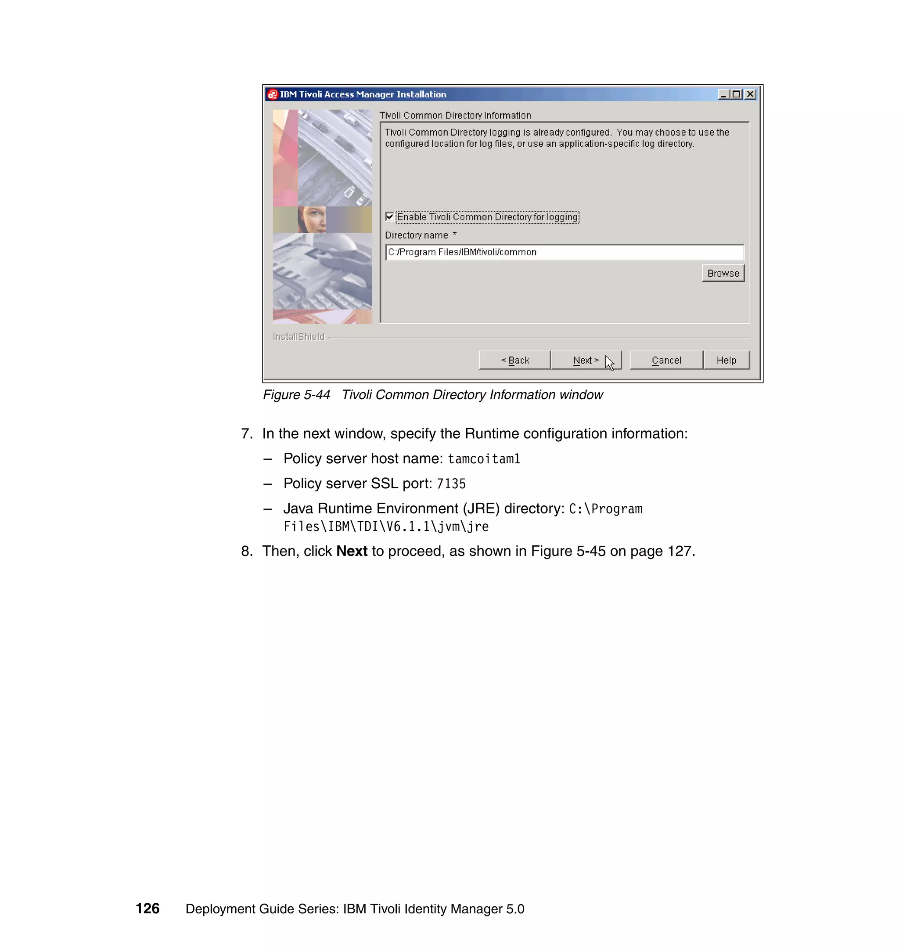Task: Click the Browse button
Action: (x=723, y=273)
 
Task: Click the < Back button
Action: (x=514, y=360)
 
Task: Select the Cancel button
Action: (x=666, y=360)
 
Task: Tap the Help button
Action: (x=726, y=360)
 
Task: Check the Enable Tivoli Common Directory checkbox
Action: (x=390, y=216)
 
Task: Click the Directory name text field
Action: (x=564, y=252)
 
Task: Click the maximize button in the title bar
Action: (x=737, y=94)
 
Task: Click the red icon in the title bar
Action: (x=273, y=94)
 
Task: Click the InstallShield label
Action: (x=298, y=336)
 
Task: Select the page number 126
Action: (x=147, y=909)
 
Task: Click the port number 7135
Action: (x=451, y=483)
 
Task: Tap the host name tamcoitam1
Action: (x=484, y=459)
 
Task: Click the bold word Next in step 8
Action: (x=352, y=551)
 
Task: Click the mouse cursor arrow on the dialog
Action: (x=609, y=362)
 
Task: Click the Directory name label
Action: (x=417, y=235)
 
